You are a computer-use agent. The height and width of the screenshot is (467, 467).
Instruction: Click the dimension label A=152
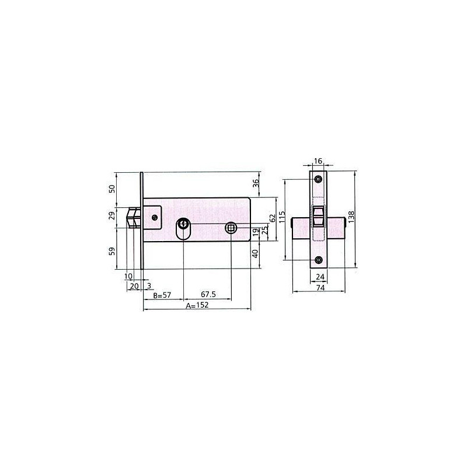(x=197, y=305)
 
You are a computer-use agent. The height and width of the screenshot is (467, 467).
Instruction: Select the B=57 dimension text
(x=162, y=295)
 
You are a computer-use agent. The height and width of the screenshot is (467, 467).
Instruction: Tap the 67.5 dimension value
(x=208, y=294)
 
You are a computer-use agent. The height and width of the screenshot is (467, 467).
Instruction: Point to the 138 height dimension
(x=351, y=217)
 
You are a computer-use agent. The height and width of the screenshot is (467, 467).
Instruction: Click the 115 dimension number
(x=282, y=217)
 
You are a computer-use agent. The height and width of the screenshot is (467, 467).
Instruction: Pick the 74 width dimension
(x=320, y=288)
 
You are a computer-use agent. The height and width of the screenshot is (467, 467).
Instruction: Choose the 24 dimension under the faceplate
(x=320, y=277)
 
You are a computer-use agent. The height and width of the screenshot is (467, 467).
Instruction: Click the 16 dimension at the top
(x=318, y=161)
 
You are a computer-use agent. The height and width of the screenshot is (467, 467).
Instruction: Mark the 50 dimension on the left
(x=111, y=189)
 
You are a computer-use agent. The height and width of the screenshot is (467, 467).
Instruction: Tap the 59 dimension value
(x=111, y=252)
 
